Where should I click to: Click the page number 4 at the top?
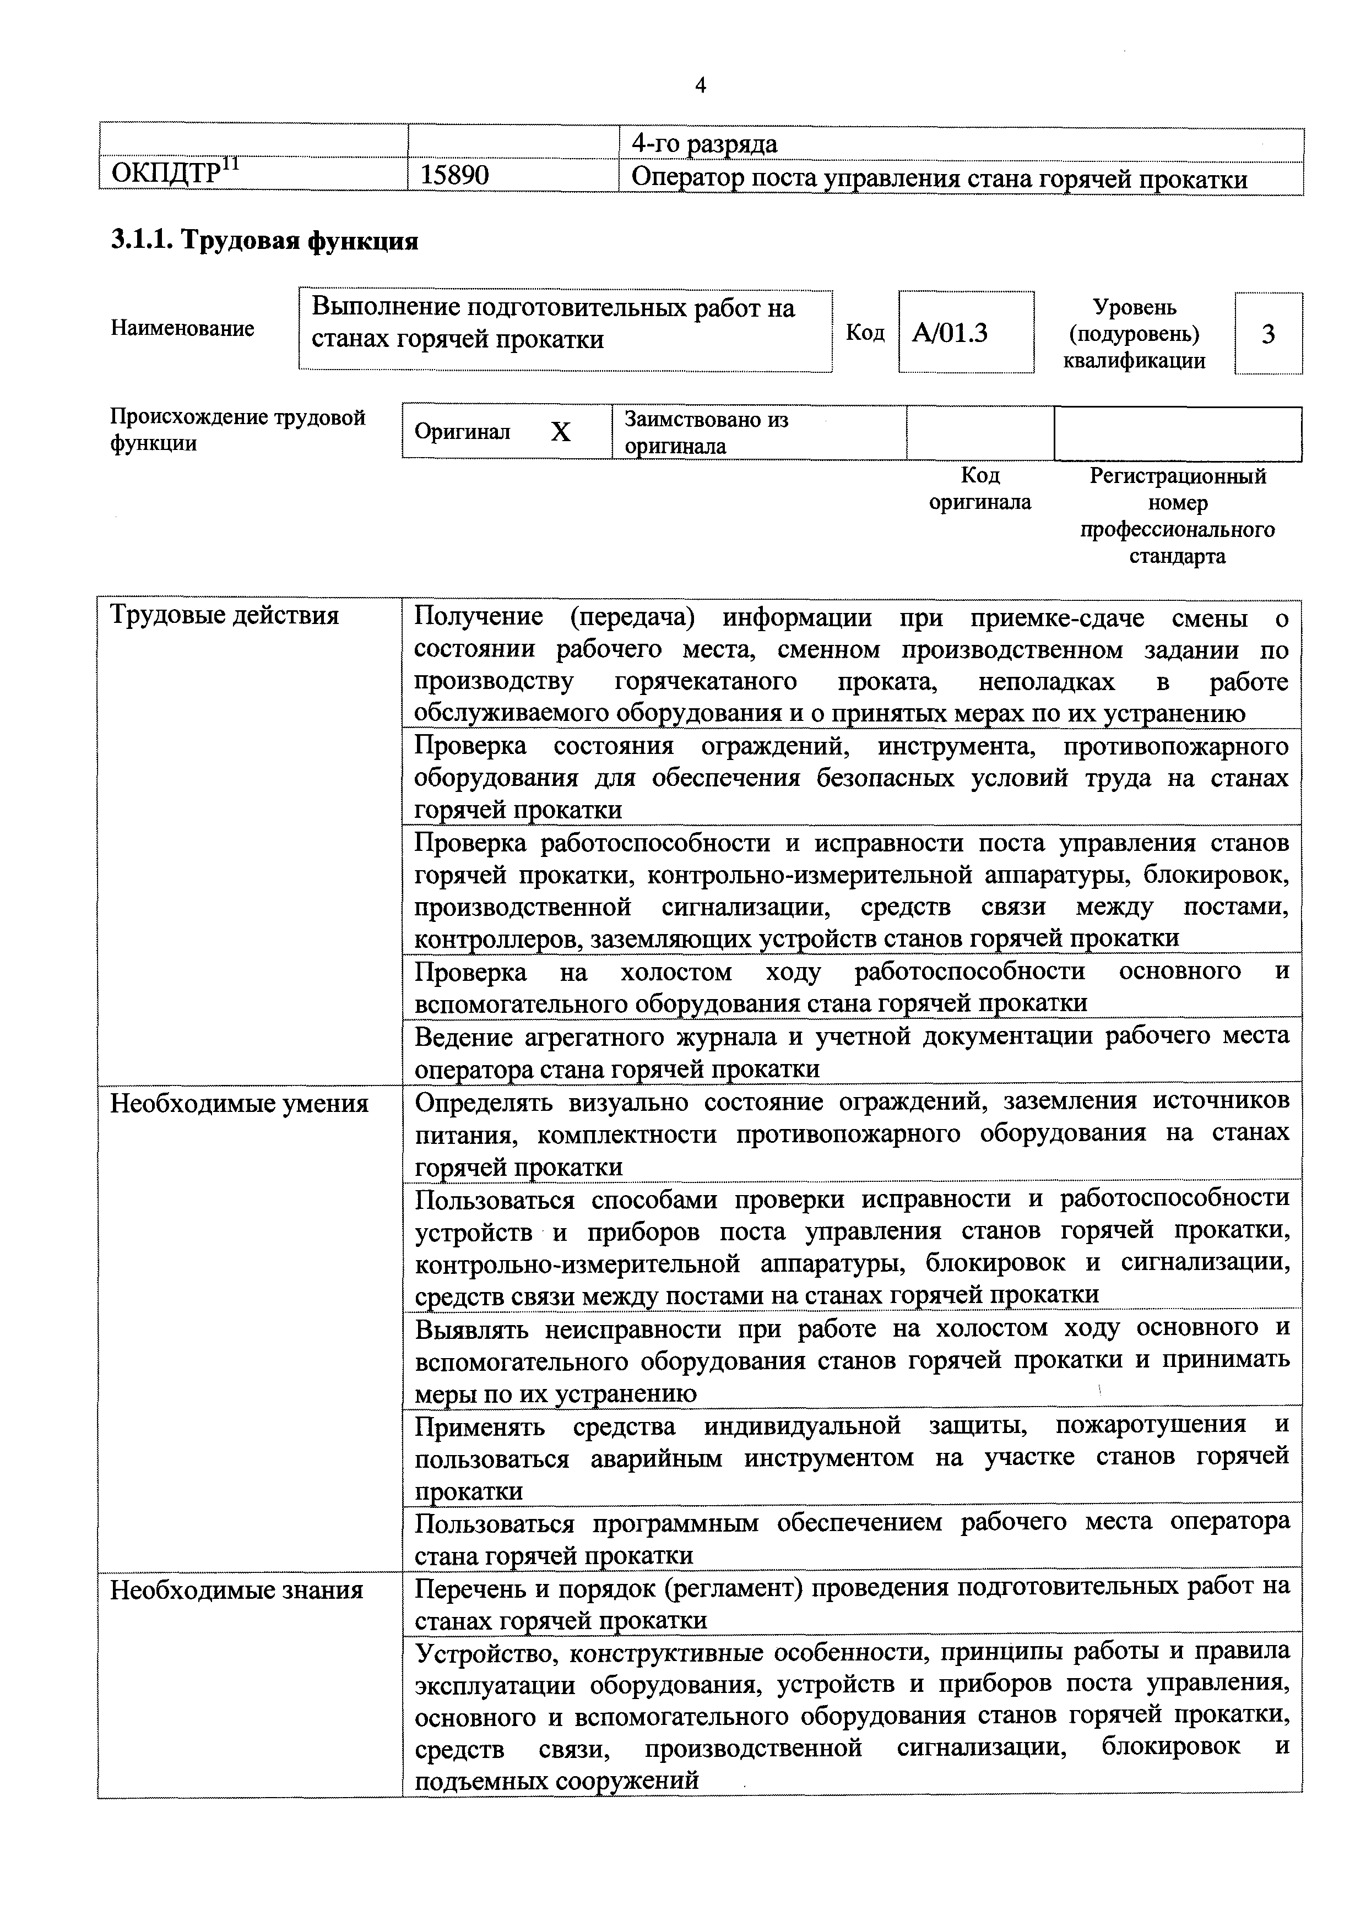coord(700,85)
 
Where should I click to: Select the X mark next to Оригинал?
coord(561,432)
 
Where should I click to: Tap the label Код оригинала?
coord(980,489)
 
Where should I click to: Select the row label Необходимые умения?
coord(239,1103)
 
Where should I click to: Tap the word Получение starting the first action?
coord(479,617)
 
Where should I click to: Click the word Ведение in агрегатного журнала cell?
coord(464,1036)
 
